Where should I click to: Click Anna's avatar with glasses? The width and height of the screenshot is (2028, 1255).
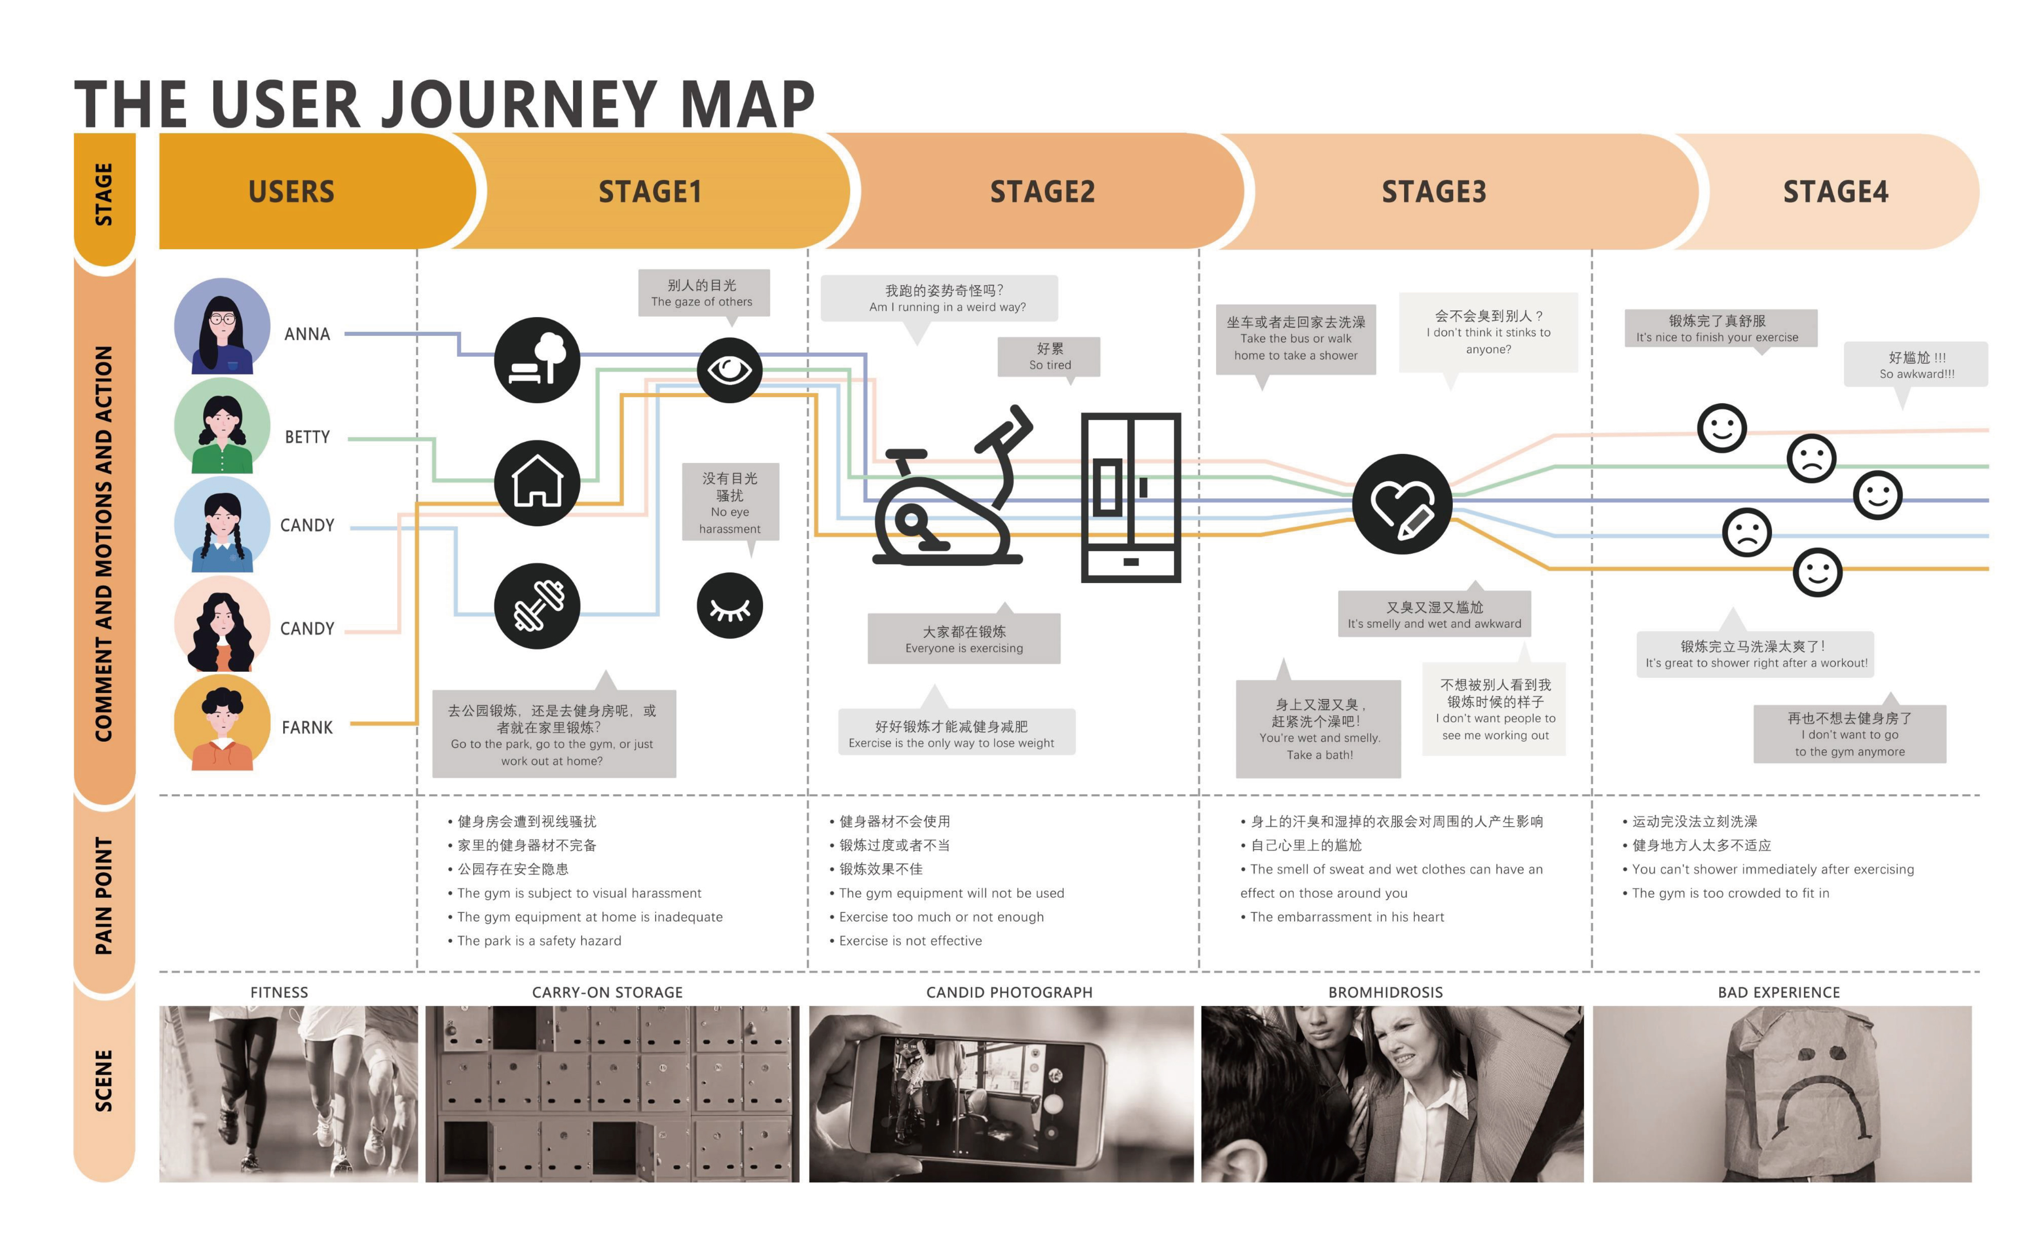pos(222,326)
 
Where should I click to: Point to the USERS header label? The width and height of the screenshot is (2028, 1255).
pos(291,192)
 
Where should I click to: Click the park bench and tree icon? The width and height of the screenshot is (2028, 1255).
pos(537,360)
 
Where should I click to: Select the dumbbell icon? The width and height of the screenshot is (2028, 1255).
pos(537,606)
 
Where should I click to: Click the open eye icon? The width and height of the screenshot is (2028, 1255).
pos(729,369)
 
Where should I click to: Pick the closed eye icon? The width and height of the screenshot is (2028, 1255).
pos(729,606)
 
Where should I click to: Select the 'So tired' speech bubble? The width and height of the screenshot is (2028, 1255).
pos(1049,357)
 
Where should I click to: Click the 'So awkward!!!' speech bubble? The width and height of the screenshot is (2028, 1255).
pos(1915,365)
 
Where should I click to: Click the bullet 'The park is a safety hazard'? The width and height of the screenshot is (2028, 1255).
pos(539,940)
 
